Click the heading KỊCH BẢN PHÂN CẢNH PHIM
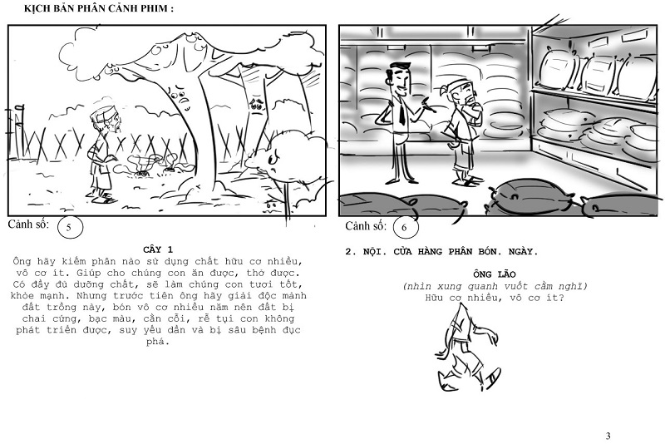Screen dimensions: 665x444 [98, 8]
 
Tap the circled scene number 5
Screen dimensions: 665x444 [69, 227]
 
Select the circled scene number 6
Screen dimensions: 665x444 [405, 227]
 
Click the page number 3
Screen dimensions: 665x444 [608, 436]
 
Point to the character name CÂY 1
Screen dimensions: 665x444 [158, 249]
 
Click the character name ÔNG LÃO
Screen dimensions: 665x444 [495, 274]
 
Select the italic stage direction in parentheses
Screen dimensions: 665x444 [495, 286]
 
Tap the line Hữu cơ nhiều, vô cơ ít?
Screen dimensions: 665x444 [495, 298]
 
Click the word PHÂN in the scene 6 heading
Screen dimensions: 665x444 [458, 251]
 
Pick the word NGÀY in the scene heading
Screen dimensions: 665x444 [523, 251]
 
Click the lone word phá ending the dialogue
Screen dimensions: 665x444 [158, 342]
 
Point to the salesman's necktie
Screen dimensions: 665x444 [401, 111]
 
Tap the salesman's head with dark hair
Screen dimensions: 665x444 [398, 77]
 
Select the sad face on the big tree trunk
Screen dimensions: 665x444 [181, 96]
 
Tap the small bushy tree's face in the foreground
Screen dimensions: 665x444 [273, 161]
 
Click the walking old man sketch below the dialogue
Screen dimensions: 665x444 [465, 348]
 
